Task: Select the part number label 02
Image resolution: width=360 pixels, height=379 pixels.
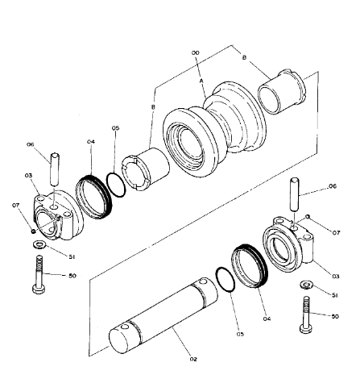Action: click(x=194, y=359)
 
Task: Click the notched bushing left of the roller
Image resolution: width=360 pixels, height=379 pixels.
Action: click(x=144, y=170)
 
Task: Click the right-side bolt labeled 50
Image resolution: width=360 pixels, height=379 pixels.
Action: click(x=307, y=314)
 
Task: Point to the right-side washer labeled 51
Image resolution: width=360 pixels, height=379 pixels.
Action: click(x=307, y=285)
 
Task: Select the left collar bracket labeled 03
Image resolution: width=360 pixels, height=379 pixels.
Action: click(x=56, y=214)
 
